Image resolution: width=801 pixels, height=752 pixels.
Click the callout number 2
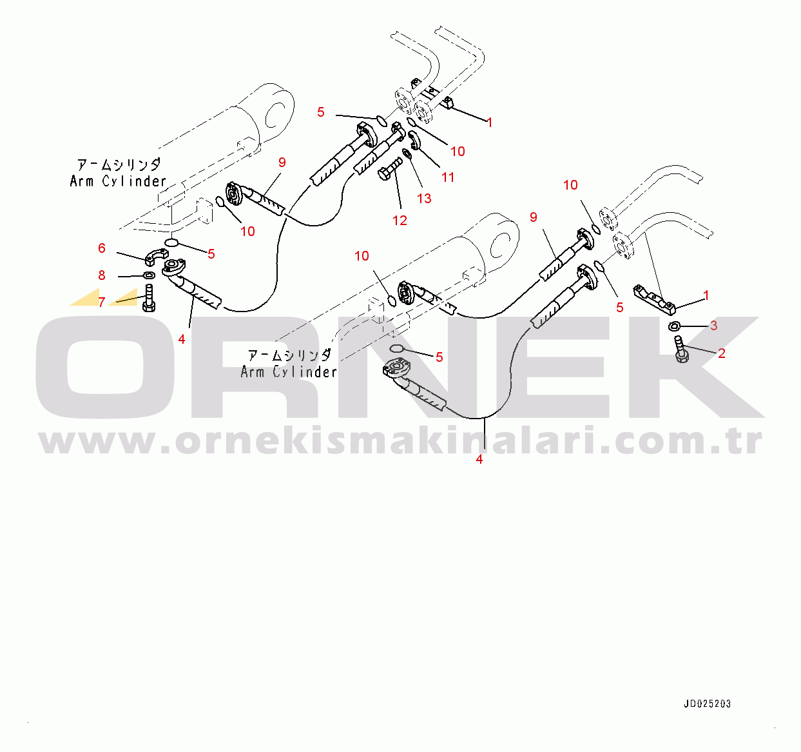(721, 353)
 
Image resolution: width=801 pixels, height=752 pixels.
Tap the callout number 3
(713, 326)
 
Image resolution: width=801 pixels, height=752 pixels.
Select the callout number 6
(102, 248)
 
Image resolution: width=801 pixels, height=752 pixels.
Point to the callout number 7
(101, 302)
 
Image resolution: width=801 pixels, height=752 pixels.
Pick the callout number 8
(102, 275)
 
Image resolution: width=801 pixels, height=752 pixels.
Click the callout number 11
(448, 177)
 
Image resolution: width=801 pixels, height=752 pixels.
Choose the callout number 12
(400, 221)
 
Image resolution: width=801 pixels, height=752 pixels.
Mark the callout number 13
(424, 198)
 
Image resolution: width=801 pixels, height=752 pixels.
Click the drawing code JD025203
(707, 704)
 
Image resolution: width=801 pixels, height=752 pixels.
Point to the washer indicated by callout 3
(676, 326)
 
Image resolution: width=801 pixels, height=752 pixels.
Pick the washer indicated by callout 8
(148, 276)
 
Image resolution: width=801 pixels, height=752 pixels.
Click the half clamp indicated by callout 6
(155, 256)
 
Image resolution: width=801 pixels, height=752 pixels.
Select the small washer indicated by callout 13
(407, 153)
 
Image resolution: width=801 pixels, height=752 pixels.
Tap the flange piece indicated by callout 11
(414, 140)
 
